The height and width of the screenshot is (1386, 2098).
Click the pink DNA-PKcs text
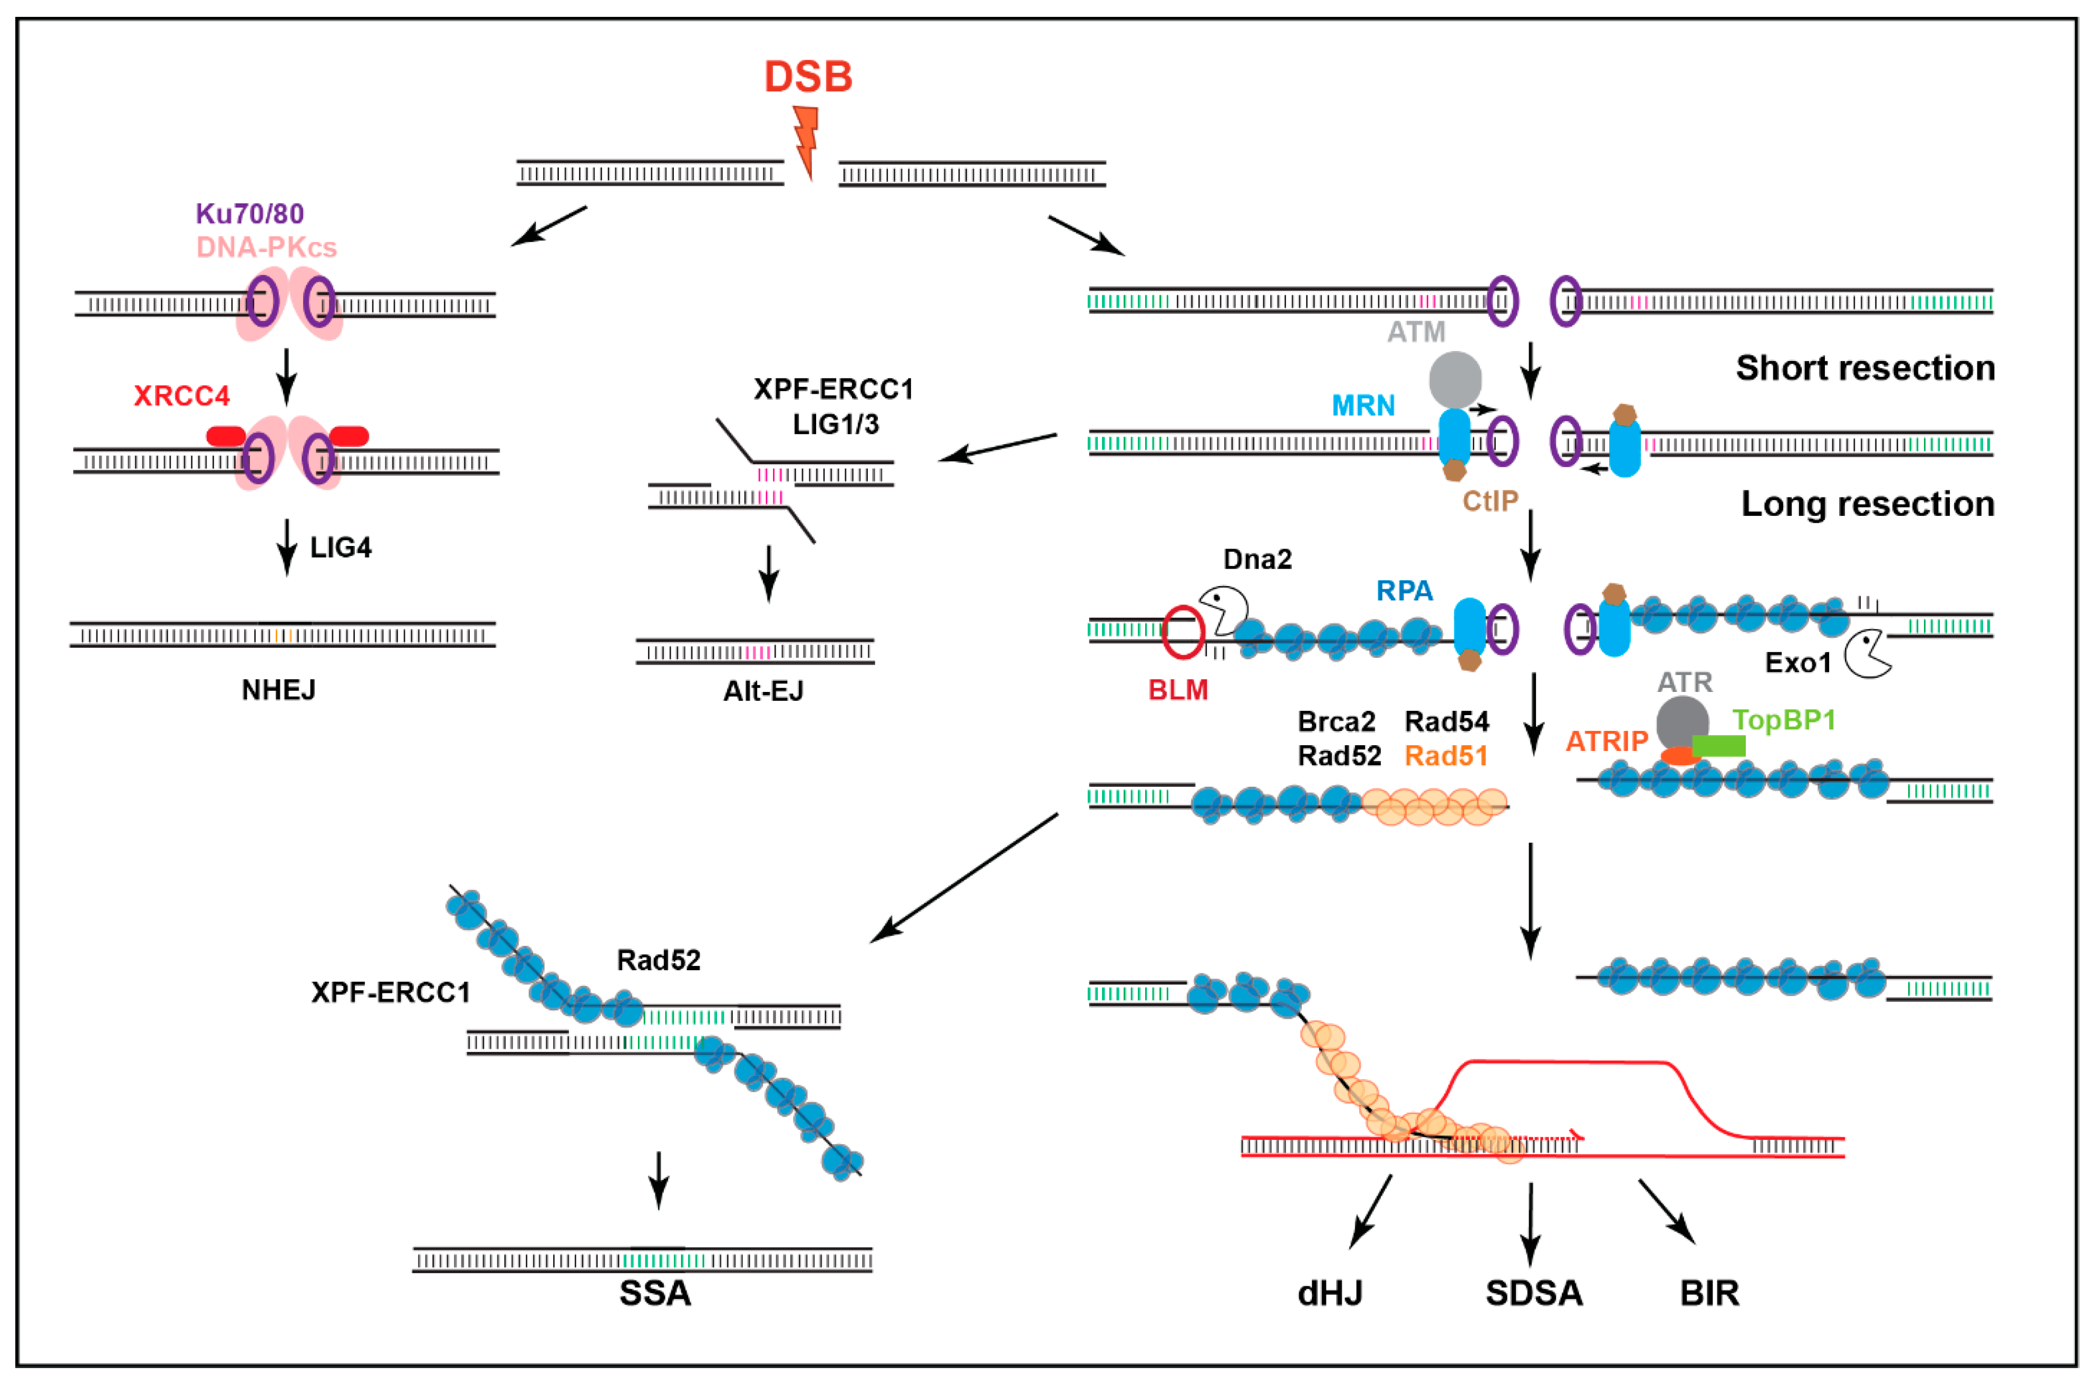pyautogui.click(x=266, y=248)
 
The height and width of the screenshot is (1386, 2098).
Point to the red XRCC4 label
pyautogui.click(x=181, y=396)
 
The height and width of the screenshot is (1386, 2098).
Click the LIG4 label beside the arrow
pyautogui.click(x=341, y=548)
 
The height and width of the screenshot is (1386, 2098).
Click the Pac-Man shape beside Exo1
pyautogui.click(x=1865, y=654)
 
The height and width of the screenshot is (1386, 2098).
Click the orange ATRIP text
pyautogui.click(x=1607, y=741)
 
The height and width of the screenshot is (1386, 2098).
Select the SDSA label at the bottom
pyautogui.click(x=1533, y=1293)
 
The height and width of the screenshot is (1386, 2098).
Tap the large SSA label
pyautogui.click(x=654, y=1293)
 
